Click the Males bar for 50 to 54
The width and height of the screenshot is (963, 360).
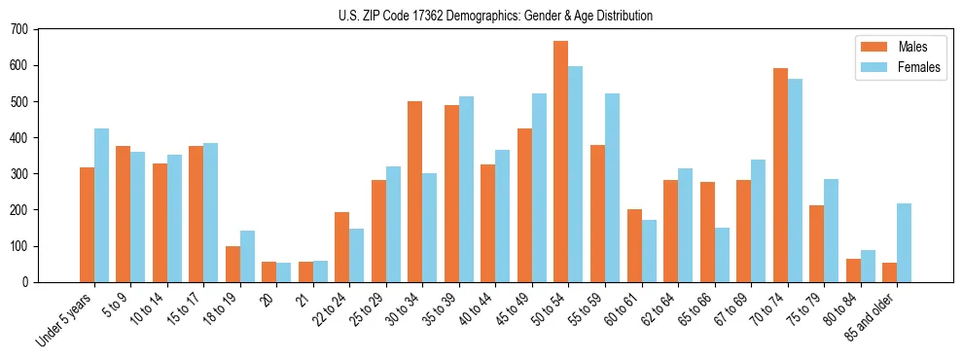click(x=561, y=162)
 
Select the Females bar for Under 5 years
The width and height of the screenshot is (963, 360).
click(x=101, y=205)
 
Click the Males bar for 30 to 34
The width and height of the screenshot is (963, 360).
click(x=415, y=192)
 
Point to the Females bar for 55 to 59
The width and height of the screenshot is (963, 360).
click(x=612, y=188)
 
